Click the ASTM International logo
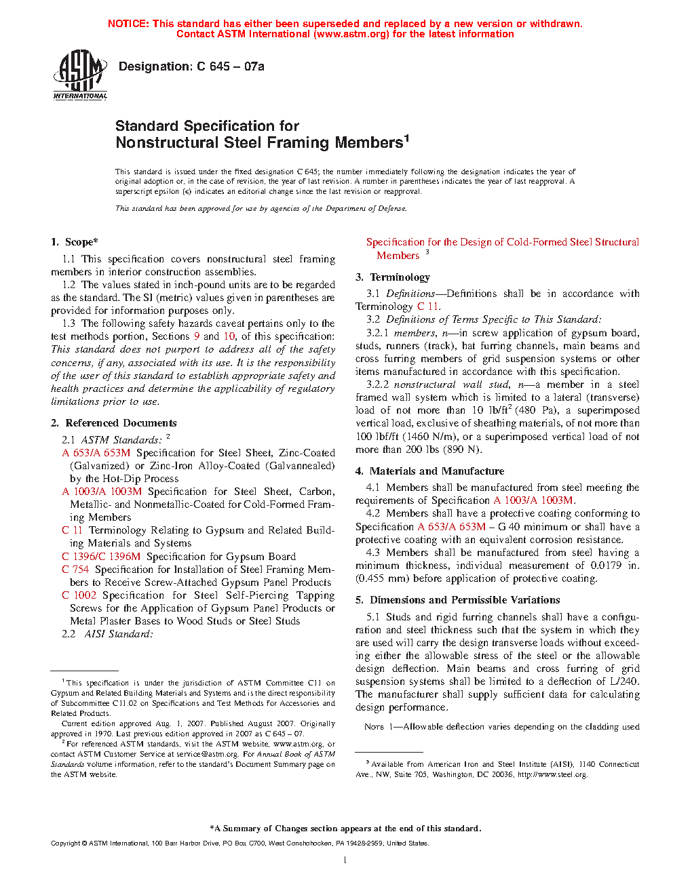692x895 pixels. [80, 75]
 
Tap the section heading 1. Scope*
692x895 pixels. [75, 242]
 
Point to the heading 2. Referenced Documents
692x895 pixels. [113, 423]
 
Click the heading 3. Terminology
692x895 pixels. [393, 277]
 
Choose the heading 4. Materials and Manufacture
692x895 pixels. [429, 471]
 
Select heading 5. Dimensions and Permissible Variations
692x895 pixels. [458, 600]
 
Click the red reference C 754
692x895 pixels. [75, 570]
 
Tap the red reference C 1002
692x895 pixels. [79, 595]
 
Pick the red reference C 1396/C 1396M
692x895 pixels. [101, 557]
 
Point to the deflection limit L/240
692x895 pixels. [624, 681]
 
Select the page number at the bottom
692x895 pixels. [345, 861]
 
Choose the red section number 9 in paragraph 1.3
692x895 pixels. [197, 336]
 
